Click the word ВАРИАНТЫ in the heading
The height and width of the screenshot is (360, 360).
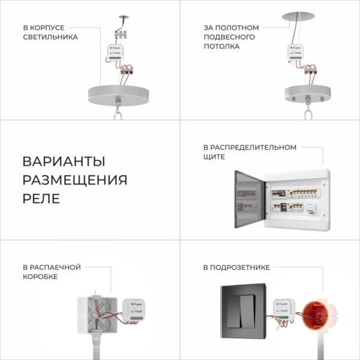(64, 162)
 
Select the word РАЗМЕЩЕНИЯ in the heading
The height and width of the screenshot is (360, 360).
(75, 181)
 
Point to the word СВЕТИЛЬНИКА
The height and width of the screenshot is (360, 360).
(50, 37)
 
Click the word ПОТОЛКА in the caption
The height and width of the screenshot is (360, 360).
(221, 47)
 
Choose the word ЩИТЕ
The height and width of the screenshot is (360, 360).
(214, 157)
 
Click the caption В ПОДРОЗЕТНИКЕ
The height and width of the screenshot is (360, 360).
(236, 267)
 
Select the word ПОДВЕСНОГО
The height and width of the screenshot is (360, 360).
(229, 37)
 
